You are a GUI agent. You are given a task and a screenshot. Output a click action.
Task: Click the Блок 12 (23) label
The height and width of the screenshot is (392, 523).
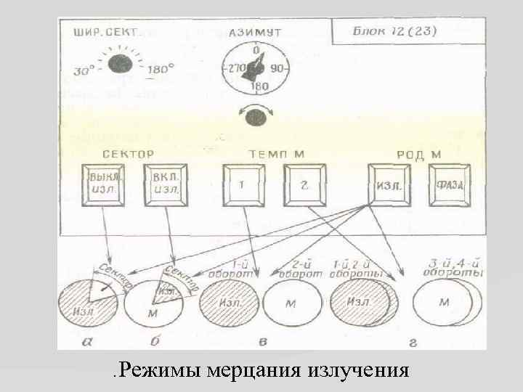[x=394, y=31]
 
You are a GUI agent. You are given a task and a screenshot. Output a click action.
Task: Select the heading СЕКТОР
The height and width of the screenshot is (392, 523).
[x=128, y=154]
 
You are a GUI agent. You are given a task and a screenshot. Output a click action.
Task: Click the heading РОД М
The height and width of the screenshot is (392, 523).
[x=419, y=154]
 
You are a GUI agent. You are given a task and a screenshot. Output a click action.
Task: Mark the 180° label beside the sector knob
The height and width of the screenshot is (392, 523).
[x=161, y=70]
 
